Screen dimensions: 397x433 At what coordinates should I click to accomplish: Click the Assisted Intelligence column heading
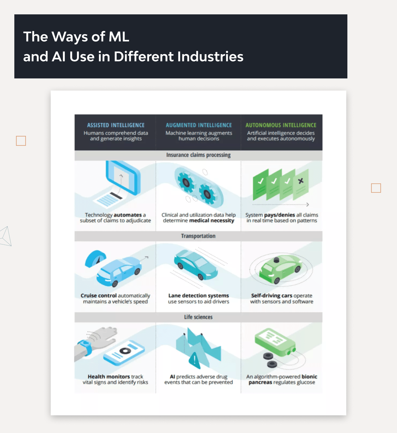pyautogui.click(x=116, y=125)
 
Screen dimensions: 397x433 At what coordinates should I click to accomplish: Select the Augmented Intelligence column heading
pyautogui.click(x=199, y=125)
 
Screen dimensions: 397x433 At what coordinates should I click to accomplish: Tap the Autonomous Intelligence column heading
pyautogui.click(x=281, y=125)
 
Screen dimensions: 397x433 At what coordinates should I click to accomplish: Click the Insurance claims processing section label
pyautogui.click(x=198, y=155)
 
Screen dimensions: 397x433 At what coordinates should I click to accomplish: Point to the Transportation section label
pyautogui.click(x=198, y=236)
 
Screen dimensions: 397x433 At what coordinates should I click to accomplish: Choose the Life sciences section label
pyautogui.click(x=198, y=317)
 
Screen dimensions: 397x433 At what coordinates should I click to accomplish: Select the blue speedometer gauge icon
pyautogui.click(x=95, y=258)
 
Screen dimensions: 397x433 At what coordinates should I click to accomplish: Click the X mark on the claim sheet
pyautogui.click(x=301, y=181)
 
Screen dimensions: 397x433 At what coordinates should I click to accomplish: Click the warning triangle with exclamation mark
pyautogui.click(x=195, y=360)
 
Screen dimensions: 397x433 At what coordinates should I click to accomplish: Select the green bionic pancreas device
pyautogui.click(x=275, y=342)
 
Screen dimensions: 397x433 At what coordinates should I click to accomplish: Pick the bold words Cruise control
pyautogui.click(x=98, y=295)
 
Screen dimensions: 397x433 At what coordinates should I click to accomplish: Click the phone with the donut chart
pyautogui.click(x=124, y=352)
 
